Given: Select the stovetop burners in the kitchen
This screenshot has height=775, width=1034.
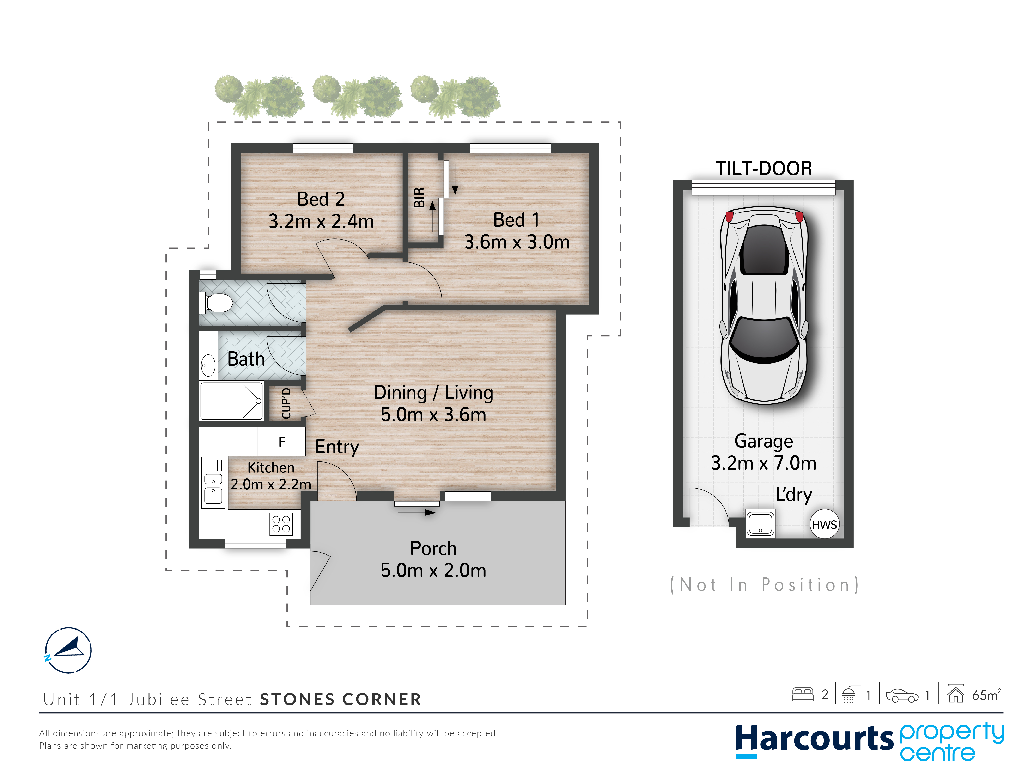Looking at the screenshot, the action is click(x=281, y=524).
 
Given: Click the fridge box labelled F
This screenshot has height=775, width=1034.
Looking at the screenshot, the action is click(x=281, y=441).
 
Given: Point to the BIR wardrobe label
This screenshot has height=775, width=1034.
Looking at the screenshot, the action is click(x=419, y=197).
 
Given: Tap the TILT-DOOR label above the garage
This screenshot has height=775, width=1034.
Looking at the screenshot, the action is click(x=764, y=168).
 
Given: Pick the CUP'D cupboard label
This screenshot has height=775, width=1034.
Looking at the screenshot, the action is click(x=286, y=403).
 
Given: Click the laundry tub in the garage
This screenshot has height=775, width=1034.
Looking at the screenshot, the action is click(x=760, y=523).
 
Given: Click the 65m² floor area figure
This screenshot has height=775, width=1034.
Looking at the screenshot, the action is click(x=986, y=695).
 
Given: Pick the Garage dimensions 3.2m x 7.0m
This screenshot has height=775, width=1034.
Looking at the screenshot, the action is click(x=764, y=463).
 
